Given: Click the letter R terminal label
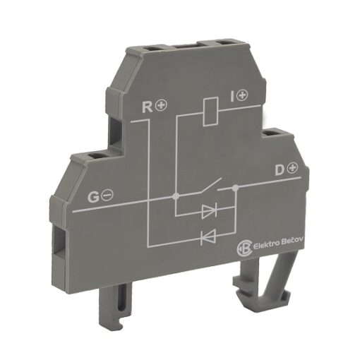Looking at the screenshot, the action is click(148, 107).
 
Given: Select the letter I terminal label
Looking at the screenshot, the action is click(232, 96).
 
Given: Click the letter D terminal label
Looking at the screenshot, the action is click(280, 169).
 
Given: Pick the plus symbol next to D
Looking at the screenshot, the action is click(292, 167).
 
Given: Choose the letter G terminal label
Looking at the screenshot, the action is click(93, 197).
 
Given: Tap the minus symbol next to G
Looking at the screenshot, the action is click(108, 195).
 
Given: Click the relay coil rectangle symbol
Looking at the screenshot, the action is click(211, 112).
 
